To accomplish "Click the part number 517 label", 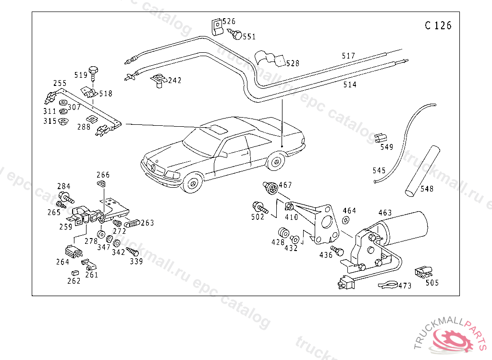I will (348, 56).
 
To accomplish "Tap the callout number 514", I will (350, 85).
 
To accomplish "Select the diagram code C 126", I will (438, 26).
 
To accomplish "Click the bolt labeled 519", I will (94, 72).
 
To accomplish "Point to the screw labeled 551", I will (236, 35).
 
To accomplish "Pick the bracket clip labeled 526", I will (217, 26).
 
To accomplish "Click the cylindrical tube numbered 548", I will (422, 170).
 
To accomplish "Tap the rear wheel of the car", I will (275, 161).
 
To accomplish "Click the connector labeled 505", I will (423, 272).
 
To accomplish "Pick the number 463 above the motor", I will (385, 213).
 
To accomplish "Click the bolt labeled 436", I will (338, 251).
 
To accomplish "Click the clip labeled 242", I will (159, 80).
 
